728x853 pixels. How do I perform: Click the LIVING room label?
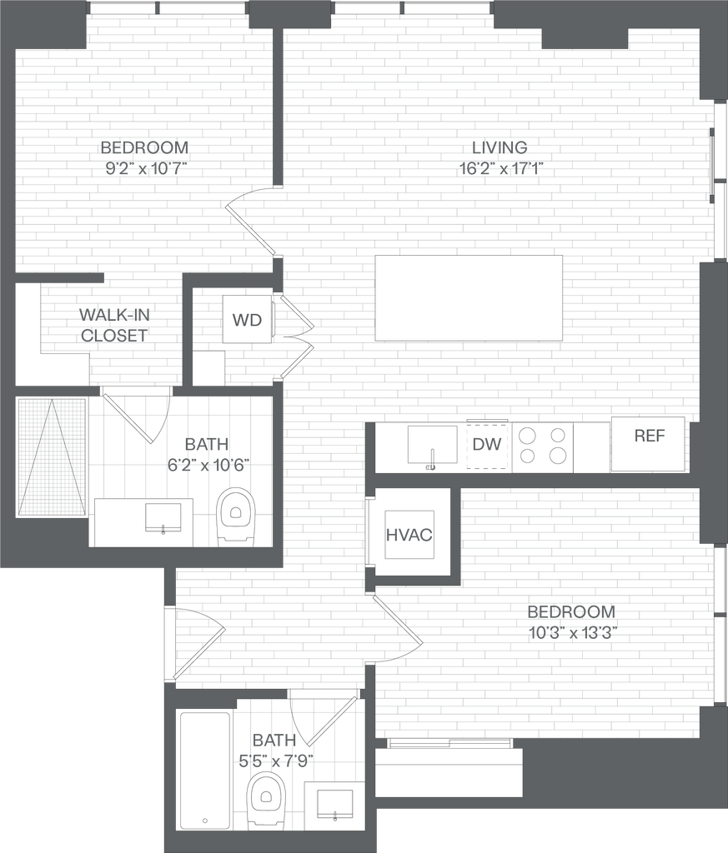[500, 147]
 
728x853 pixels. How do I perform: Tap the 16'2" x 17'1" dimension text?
[501, 168]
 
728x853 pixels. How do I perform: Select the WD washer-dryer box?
[247, 319]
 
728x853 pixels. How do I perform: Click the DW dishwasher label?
[486, 444]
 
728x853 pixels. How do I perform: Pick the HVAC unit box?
[409, 534]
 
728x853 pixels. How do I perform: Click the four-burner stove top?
[542, 446]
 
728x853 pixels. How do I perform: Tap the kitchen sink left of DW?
[432, 445]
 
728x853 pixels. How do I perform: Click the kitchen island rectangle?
[469, 298]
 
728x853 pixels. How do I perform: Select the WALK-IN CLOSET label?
[113, 325]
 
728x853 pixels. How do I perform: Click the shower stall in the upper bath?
[52, 457]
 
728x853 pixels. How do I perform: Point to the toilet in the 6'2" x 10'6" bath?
[236, 516]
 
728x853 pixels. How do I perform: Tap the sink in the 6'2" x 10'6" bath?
[163, 517]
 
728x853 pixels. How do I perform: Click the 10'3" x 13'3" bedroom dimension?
[572, 633]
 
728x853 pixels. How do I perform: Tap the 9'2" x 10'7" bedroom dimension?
[146, 168]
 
